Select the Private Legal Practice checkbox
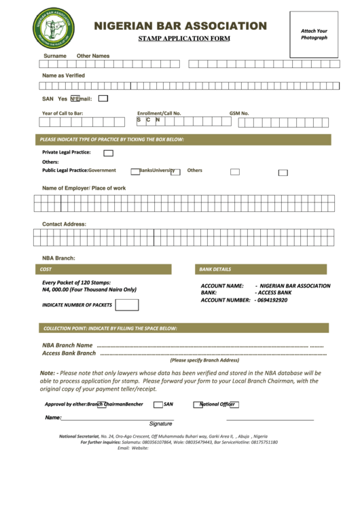108,153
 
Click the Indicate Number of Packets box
122,304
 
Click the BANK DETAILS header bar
263,269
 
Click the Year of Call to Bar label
62,113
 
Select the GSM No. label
239,113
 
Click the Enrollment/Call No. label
159,113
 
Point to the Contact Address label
64,224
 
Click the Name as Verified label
63,75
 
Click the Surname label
55,56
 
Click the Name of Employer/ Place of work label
84,188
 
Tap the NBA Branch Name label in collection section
67,345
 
